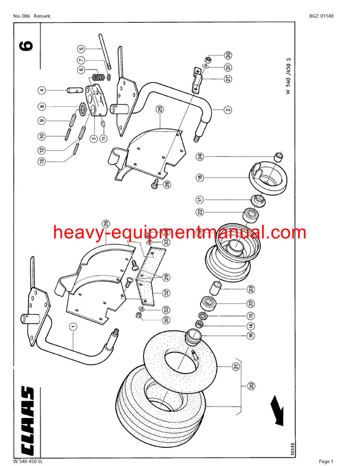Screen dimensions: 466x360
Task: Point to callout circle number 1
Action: [73, 327]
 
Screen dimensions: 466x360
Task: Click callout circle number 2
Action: [228, 110]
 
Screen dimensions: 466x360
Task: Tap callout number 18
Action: [199, 178]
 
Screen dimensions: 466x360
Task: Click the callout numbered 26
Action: [105, 224]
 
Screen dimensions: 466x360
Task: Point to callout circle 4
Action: [42, 91]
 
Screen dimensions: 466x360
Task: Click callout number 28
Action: [167, 184]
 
